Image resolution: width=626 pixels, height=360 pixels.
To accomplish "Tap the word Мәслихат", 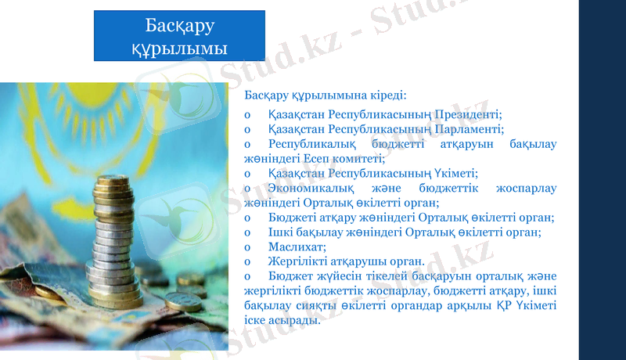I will pos(293,247).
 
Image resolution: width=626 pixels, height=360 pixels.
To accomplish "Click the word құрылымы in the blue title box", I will pos(180,49).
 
